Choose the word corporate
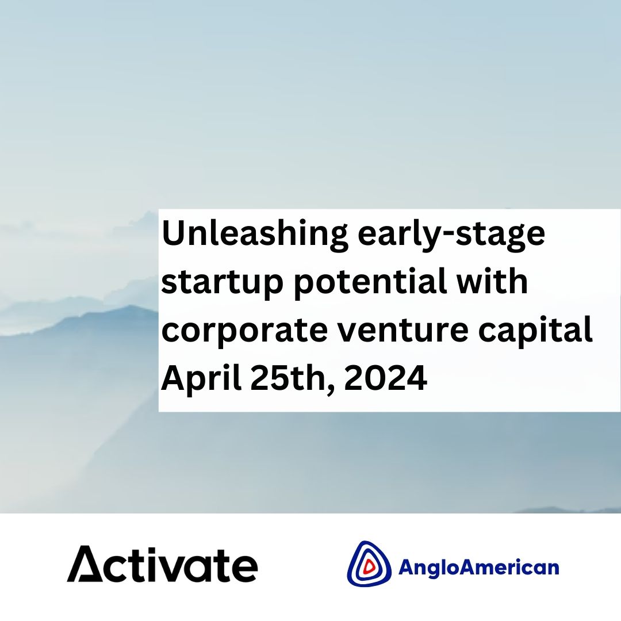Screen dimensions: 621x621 coord(244,330)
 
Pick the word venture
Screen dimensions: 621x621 coord(402,330)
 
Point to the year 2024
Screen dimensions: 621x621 coord(385,377)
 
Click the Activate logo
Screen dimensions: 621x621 coord(162,564)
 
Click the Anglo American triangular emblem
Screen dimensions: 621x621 coord(369,563)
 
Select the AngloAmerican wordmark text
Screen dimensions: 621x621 coord(478,567)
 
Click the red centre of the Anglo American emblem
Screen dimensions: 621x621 coord(369,566)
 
